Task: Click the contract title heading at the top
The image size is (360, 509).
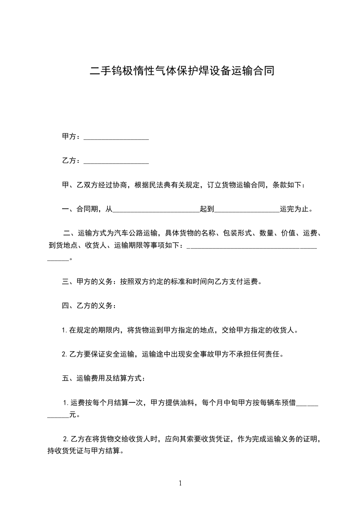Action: pyautogui.click(x=182, y=71)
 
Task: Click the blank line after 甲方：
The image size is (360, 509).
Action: pyautogui.click(x=117, y=137)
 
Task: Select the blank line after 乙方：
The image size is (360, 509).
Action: pyautogui.click(x=117, y=161)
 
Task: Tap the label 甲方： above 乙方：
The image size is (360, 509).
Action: pyautogui.click(x=71, y=137)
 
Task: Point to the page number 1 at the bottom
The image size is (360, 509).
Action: pyautogui.click(x=180, y=483)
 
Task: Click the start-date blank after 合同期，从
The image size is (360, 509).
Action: pyautogui.click(x=156, y=210)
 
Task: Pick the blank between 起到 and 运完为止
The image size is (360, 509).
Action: pyautogui.click(x=247, y=210)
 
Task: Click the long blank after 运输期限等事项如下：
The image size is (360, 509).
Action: pyautogui.click(x=252, y=246)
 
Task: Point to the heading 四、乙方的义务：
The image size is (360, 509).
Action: pyautogui.click(x=89, y=306)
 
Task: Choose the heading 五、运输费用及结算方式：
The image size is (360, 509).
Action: pyautogui.click(x=104, y=378)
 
